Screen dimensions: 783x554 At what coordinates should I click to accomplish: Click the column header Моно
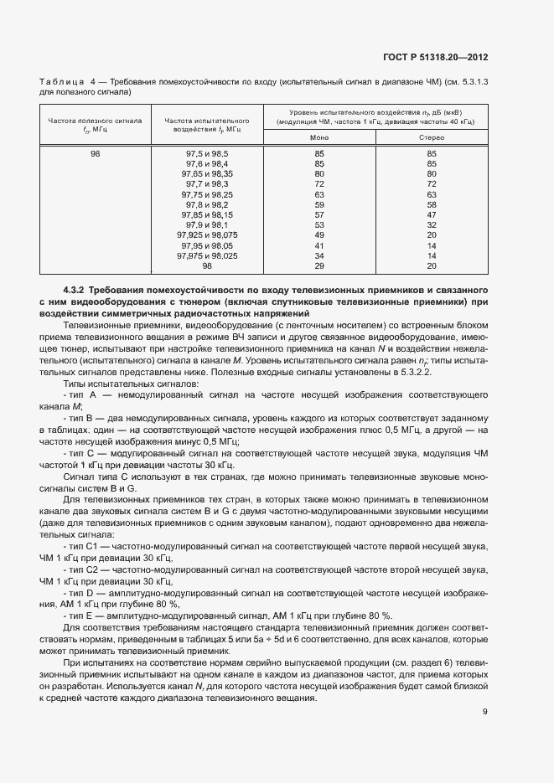319,137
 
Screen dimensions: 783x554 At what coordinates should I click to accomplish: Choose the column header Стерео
432,137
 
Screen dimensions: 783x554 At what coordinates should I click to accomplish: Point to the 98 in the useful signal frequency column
95,154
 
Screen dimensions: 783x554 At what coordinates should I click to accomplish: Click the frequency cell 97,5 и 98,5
207,154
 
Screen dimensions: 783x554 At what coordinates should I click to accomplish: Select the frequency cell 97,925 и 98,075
207,235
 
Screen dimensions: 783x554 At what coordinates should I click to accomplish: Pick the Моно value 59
319,204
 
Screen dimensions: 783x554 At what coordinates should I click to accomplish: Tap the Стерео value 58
432,204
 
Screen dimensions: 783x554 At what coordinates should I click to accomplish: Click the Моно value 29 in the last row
319,265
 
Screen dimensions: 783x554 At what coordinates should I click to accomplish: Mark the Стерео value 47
432,214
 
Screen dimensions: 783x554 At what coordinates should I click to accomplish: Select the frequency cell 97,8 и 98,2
207,204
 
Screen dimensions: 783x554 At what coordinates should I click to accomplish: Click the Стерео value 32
432,225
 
